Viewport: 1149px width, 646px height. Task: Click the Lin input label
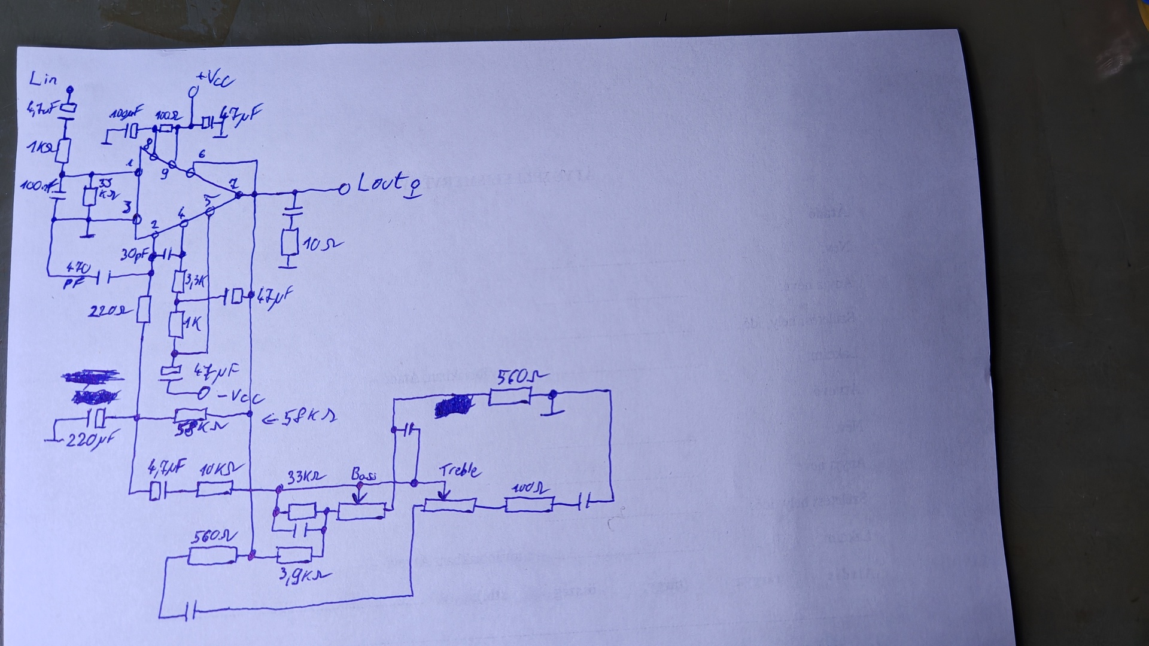(43, 78)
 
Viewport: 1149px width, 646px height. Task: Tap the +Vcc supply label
(215, 79)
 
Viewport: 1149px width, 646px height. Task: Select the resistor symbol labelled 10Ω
(290, 243)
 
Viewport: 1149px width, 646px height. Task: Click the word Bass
(363, 475)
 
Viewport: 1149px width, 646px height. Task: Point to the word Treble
(460, 470)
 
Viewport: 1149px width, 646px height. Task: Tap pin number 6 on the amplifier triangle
(202, 154)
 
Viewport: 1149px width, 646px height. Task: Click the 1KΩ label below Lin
(39, 147)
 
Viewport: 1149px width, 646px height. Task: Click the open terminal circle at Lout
(344, 190)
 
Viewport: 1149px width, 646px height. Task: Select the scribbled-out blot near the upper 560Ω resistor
(454, 406)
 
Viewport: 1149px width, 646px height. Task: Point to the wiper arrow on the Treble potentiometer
(444, 493)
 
